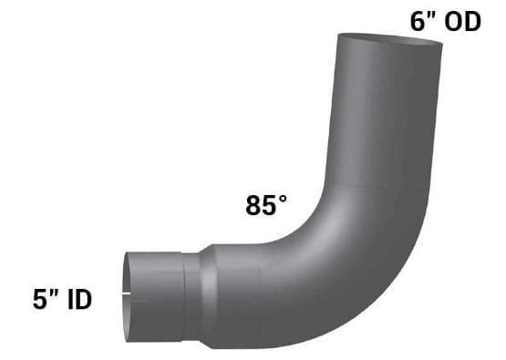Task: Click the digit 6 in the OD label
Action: pyautogui.click(x=418, y=22)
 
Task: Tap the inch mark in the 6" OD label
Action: pyautogui.click(x=432, y=15)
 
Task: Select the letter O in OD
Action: pyautogui.click(x=453, y=22)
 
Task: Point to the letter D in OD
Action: pyautogui.click(x=472, y=22)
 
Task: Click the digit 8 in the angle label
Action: pyautogui.click(x=253, y=205)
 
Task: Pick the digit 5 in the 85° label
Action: pyautogui.click(x=270, y=205)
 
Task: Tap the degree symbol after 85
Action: pyautogui.click(x=283, y=199)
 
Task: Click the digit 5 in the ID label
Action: pyautogui.click(x=40, y=300)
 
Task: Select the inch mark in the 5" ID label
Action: pyautogui.click(x=54, y=293)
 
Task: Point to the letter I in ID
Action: pyautogui.click(x=70, y=300)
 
